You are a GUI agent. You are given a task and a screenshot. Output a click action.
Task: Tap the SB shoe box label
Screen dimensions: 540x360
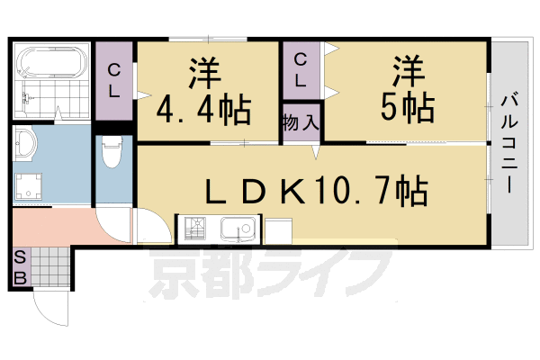[19, 266]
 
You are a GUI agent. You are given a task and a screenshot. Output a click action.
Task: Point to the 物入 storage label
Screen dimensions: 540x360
[300, 121]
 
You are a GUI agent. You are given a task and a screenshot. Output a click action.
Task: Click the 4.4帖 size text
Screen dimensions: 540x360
[204, 109]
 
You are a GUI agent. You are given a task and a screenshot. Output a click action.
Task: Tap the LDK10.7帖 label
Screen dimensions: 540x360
[316, 190]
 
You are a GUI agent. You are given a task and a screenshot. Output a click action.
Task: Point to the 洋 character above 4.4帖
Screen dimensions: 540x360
[204, 72]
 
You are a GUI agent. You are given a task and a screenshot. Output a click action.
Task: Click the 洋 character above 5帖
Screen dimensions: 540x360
[408, 70]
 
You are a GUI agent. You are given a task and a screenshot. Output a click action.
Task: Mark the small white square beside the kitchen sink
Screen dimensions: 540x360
[276, 231]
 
